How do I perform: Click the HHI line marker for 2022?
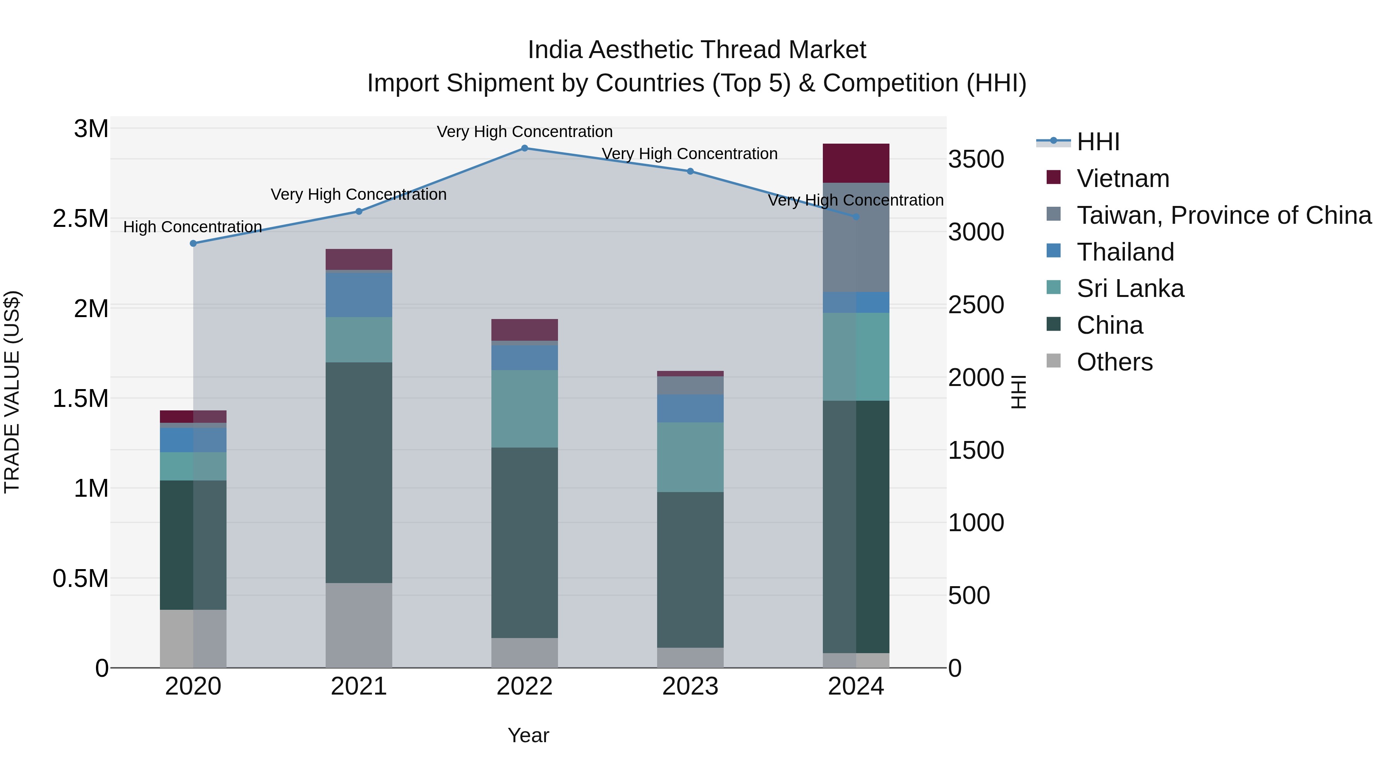tap(524, 148)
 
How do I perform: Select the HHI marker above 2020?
tap(193, 244)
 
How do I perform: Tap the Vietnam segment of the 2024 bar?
tap(855, 163)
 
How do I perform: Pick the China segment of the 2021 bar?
tap(359, 472)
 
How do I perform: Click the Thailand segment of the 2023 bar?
tap(690, 408)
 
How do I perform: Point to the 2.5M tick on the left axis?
tap(81, 219)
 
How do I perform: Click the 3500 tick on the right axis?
tap(976, 160)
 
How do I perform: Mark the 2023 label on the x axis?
tap(690, 686)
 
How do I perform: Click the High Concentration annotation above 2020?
tap(193, 227)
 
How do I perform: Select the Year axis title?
tap(528, 735)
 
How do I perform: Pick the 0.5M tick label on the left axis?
tap(81, 578)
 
